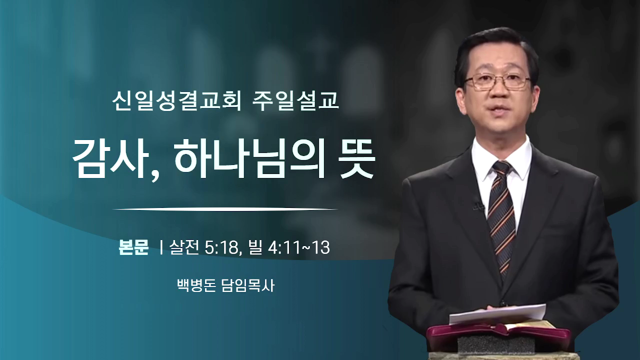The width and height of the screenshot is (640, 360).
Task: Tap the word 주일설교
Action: coord(295,101)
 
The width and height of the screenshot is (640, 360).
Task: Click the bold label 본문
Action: coord(133,247)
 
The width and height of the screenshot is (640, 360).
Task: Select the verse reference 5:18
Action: coord(221,247)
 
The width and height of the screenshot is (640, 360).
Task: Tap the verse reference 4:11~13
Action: coord(299,247)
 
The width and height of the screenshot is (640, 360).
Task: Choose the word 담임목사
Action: coord(248,285)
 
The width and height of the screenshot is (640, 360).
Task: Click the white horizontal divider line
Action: coord(225,209)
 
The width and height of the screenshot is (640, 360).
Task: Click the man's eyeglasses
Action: coord(497,81)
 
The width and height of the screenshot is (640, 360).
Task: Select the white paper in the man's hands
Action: coord(497,314)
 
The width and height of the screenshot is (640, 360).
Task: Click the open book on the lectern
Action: coord(497,332)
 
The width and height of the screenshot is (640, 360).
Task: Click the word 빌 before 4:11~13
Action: coord(255,247)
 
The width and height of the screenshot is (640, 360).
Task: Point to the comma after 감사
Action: coord(154,175)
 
